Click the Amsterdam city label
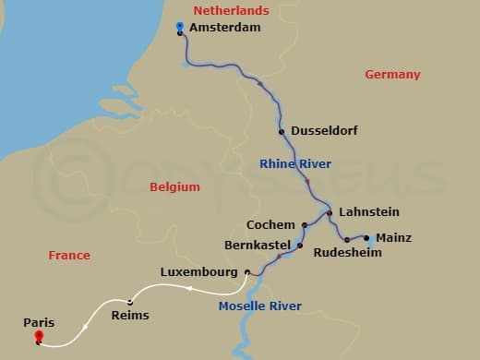pyautogui.click(x=224, y=28)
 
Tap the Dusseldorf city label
pyautogui.click(x=324, y=131)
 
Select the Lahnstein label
pyautogui.click(x=369, y=211)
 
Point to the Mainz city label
pyautogui.click(x=394, y=237)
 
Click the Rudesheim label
pyautogui.click(x=347, y=252)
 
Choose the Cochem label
pyautogui.click(x=270, y=224)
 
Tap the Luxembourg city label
pyautogui.click(x=199, y=272)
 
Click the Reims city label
pyautogui.click(x=129, y=315)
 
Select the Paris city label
pyautogui.click(x=39, y=323)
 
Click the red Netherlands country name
pyautogui.click(x=231, y=11)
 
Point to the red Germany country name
pyautogui.click(x=392, y=75)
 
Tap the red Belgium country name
pyautogui.click(x=174, y=187)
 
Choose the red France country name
pyautogui.click(x=69, y=256)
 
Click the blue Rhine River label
pyautogui.click(x=294, y=164)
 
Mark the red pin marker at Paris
pyautogui.click(x=38, y=336)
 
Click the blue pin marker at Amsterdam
pyautogui.click(x=179, y=28)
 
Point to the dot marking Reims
pyautogui.click(x=130, y=302)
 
